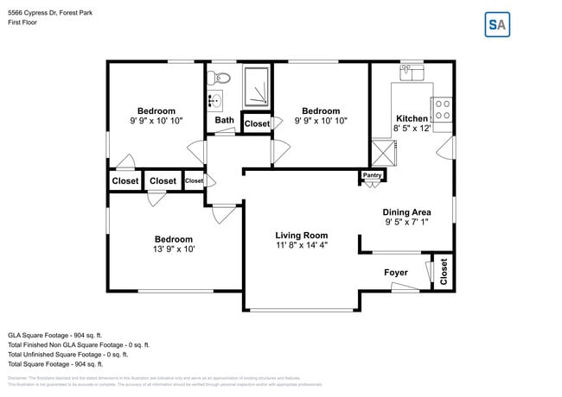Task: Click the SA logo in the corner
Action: coord(497,24)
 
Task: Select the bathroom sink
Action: coord(215,101)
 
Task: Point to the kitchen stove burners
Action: coord(442,108)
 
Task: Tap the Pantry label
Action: coord(373,175)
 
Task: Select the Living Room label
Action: coord(302,235)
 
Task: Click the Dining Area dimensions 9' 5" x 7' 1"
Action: coord(407,222)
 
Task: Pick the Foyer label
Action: coord(396,273)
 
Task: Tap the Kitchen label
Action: coord(412,118)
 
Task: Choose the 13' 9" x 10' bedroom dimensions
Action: coord(174,249)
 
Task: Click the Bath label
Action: coord(225,120)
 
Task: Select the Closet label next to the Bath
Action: coord(257,124)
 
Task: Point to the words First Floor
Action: coord(23,22)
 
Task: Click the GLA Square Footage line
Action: coord(54,335)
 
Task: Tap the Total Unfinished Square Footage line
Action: coord(67,354)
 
